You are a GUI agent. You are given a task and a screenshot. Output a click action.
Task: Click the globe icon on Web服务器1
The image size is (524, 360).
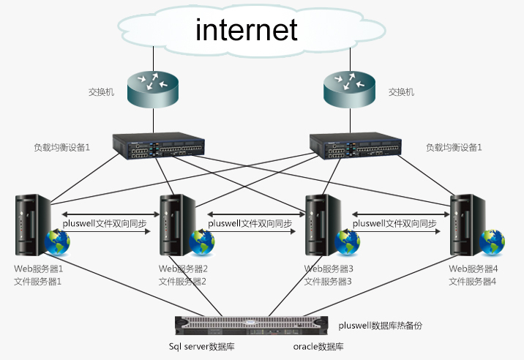tap(57, 241)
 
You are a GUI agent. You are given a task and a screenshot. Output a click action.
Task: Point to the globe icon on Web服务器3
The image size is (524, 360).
tap(346, 241)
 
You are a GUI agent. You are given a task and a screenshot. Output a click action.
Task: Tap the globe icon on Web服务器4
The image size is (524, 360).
tap(491, 241)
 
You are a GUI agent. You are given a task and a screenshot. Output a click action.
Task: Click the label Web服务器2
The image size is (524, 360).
tap(184, 269)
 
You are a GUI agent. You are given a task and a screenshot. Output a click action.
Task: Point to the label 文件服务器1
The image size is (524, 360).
tap(39, 281)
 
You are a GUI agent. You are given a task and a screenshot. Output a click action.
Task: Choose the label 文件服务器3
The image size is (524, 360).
tap(329, 281)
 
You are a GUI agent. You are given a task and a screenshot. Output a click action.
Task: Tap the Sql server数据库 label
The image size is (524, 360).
tap(201, 346)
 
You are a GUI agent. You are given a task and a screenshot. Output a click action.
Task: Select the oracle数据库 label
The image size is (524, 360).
tap(319, 346)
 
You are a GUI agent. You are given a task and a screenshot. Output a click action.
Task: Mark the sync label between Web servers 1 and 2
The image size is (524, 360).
tap(105, 223)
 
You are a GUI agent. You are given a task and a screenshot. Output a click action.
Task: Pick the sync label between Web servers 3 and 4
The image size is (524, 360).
tap(394, 223)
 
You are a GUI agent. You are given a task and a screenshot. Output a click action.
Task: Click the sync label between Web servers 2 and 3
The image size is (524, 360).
tap(250, 223)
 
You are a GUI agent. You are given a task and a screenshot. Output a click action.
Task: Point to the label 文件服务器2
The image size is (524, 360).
tap(184, 281)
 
